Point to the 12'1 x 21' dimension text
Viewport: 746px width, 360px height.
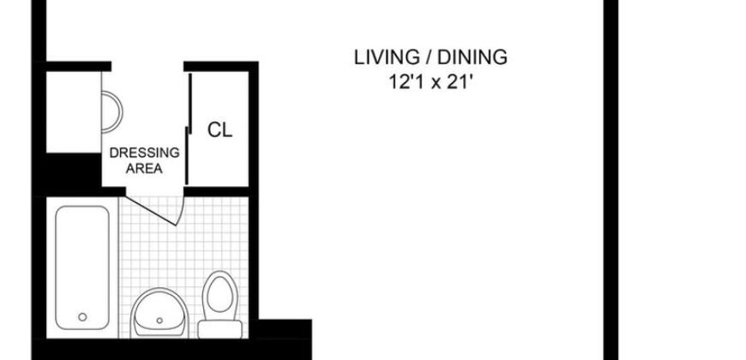(x=431, y=84)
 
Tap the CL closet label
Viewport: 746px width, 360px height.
(x=220, y=130)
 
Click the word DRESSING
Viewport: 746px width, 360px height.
(x=144, y=153)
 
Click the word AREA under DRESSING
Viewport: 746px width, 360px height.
(x=144, y=168)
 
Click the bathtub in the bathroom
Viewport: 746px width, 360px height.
(x=82, y=265)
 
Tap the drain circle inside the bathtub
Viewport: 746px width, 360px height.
(x=82, y=316)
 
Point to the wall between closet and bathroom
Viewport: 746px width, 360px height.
(x=219, y=192)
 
